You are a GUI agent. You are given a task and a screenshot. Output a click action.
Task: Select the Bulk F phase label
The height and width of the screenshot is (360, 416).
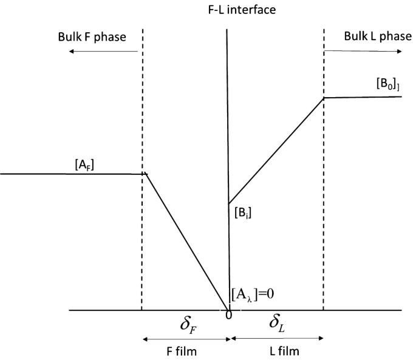(x=98, y=37)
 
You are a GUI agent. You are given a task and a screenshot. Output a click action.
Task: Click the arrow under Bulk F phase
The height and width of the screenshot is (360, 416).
(x=104, y=52)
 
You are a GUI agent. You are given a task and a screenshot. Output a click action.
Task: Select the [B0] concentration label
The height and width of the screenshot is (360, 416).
(x=387, y=85)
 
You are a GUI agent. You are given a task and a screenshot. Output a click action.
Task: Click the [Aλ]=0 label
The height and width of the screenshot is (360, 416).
(x=254, y=296)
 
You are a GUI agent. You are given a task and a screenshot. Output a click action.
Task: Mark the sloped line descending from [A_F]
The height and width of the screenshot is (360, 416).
(x=185, y=241)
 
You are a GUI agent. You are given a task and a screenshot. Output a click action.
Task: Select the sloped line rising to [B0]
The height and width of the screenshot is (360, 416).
(x=276, y=150)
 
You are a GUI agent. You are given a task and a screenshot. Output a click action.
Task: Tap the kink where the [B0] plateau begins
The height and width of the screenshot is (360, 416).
(x=324, y=97)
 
